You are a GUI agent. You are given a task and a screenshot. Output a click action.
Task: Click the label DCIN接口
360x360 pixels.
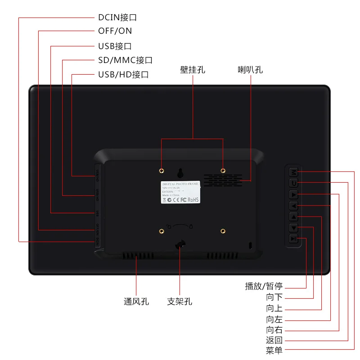(x=117, y=18)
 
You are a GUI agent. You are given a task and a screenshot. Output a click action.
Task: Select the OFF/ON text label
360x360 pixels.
(x=115, y=31)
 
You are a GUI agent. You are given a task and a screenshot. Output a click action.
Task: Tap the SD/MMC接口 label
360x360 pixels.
(x=125, y=60)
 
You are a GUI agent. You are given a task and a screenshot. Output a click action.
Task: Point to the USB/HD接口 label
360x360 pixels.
(x=123, y=74)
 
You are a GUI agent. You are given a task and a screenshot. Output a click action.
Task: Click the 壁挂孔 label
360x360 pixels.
(x=192, y=70)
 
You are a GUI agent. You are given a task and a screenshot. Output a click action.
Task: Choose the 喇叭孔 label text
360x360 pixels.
(x=250, y=70)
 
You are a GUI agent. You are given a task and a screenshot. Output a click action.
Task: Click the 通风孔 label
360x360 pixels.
(x=136, y=301)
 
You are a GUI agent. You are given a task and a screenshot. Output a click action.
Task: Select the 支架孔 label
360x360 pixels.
(x=180, y=301)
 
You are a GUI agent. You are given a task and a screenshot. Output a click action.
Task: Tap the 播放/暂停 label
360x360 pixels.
(x=264, y=286)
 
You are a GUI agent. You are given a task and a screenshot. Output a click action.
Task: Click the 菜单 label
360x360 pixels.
(x=274, y=351)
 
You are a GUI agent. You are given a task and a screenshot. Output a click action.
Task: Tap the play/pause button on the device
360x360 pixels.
(x=293, y=239)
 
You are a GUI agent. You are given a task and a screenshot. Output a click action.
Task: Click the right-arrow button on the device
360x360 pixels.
(x=293, y=195)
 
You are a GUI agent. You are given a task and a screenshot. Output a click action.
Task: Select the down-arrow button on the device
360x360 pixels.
(x=293, y=228)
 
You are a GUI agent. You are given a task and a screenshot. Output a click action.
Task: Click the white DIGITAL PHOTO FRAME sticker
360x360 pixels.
(x=180, y=192)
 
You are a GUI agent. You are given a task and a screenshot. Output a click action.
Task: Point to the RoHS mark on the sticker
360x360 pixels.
(x=193, y=200)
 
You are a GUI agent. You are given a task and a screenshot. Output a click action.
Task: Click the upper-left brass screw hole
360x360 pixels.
(x=161, y=170)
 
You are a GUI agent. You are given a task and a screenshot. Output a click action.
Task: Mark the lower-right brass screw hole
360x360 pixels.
(x=223, y=231)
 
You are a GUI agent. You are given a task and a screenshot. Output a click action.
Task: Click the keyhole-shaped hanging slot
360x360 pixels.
(x=180, y=173)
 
